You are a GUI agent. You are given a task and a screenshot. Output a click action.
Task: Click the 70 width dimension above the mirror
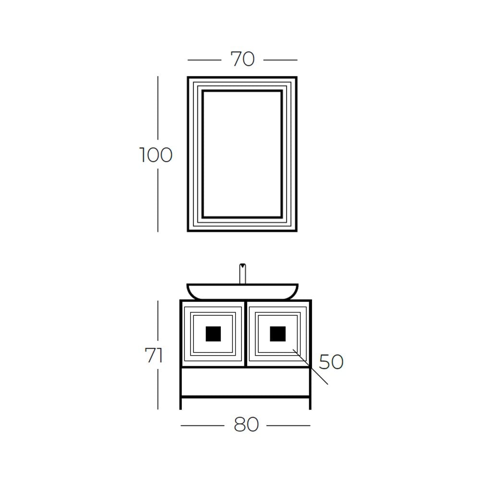pyautogui.click(x=242, y=59)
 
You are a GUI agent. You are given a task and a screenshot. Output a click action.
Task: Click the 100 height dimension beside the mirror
pyautogui.click(x=156, y=155)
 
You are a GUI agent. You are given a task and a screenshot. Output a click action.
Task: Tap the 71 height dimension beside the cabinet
pyautogui.click(x=154, y=355)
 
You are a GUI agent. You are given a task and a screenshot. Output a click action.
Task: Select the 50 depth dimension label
pyautogui.click(x=331, y=361)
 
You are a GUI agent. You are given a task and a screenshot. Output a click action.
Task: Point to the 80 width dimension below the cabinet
pyautogui.click(x=246, y=425)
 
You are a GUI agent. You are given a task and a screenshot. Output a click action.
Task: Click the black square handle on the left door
pyautogui.click(x=213, y=334)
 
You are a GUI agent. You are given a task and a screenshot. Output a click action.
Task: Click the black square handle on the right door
pyautogui.click(x=277, y=334)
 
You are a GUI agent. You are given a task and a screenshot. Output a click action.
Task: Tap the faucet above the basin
pyautogui.click(x=242, y=274)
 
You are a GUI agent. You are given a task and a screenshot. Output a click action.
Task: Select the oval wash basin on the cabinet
pyautogui.click(x=242, y=291)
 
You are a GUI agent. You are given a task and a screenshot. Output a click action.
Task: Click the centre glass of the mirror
pyautogui.click(x=242, y=154)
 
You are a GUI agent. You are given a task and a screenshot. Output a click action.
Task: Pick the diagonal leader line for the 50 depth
pyautogui.click(x=310, y=366)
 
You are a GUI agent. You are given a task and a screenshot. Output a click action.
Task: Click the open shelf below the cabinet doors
pyautogui.click(x=245, y=382)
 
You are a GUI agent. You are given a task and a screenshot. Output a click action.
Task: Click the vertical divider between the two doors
pyautogui.click(x=245, y=334)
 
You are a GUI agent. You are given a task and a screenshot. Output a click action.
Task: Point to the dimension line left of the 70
pyautogui.click(x=204, y=60)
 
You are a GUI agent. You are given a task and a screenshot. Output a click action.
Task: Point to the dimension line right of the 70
pyautogui.click(x=280, y=60)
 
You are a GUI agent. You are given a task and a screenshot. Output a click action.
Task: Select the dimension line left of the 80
pyautogui.click(x=203, y=425)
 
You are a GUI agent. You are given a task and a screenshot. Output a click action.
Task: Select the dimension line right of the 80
pyautogui.click(x=288, y=425)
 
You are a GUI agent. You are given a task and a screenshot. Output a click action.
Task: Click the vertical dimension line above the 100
pyautogui.click(x=157, y=108)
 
